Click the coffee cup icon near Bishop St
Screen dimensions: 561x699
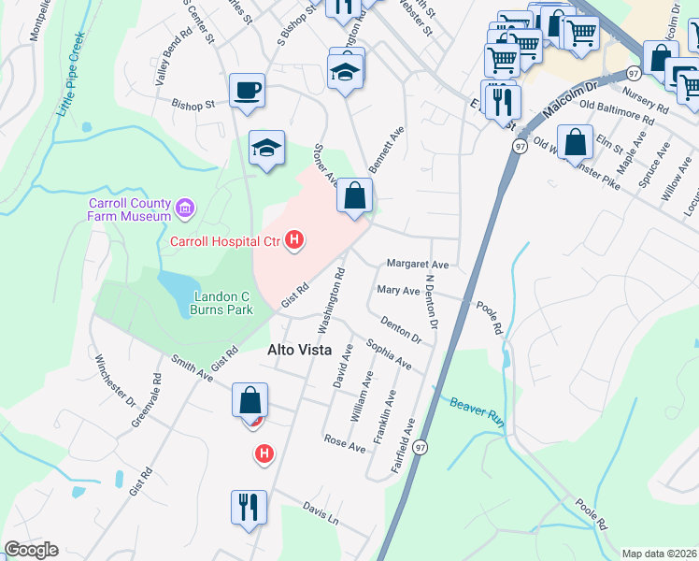pos(248,91)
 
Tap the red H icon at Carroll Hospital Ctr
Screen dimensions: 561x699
pos(295,241)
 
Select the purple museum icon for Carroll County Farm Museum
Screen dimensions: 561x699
pos(185,206)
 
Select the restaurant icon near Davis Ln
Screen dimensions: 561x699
pos(249,507)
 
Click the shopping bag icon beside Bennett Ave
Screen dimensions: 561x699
pos(354,196)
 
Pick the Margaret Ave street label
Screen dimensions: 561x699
pos(418,265)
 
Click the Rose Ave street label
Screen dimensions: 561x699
pos(344,443)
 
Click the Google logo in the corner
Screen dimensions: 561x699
pos(31,550)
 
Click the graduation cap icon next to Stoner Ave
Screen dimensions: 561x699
pos(266,147)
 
